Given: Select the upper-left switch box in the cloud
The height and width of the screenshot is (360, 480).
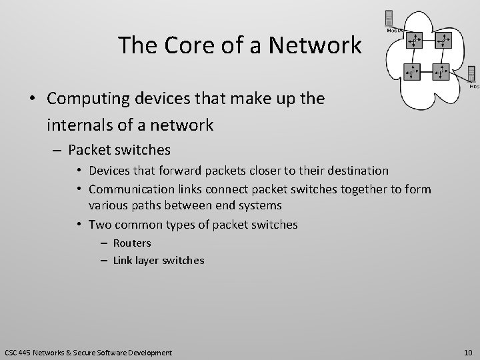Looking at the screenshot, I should (x=415, y=41).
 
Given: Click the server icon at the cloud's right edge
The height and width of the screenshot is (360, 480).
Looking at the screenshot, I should (x=472, y=73).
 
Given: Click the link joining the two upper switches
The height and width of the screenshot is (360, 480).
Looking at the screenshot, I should (x=430, y=41).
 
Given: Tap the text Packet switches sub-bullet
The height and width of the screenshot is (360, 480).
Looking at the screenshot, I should (x=120, y=150).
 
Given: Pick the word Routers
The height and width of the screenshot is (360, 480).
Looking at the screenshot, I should (x=132, y=243).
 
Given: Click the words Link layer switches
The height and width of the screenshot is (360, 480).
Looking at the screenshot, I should (x=159, y=260).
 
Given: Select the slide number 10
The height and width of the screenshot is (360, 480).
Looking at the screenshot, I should (x=467, y=351).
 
